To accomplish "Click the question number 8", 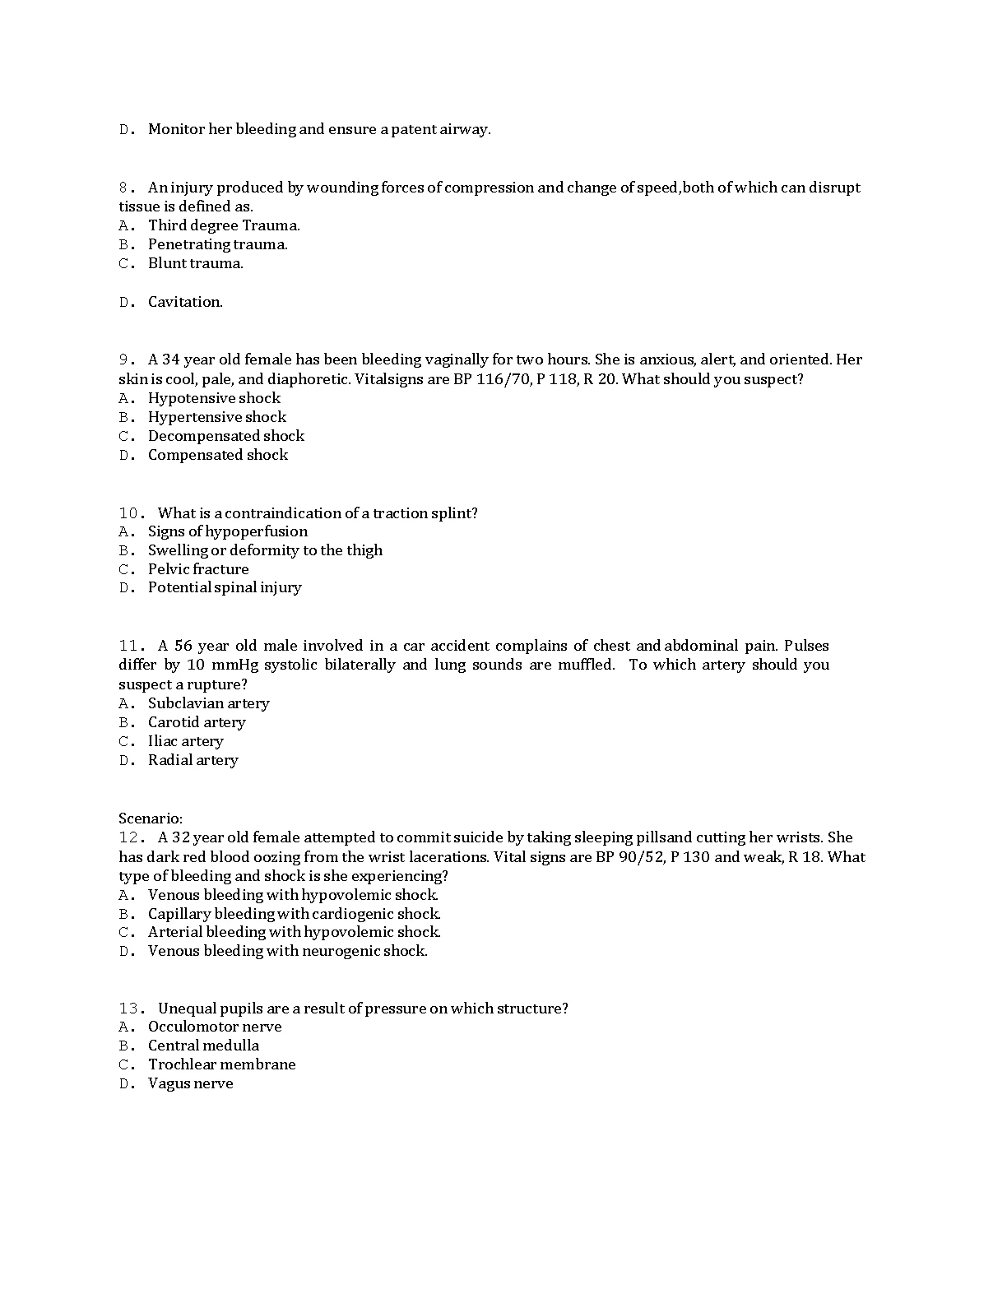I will [x=126, y=188].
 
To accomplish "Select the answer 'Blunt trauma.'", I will [x=195, y=263].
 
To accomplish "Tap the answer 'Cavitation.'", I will [x=185, y=302].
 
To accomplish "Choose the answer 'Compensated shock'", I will [x=217, y=455].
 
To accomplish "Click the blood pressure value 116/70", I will [x=503, y=379].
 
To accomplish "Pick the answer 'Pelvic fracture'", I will [x=197, y=569].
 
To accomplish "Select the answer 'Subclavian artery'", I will [x=208, y=703].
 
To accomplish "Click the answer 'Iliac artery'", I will [x=185, y=741].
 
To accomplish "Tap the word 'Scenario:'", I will [x=151, y=818].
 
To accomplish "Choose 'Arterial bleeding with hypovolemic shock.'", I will [x=294, y=932].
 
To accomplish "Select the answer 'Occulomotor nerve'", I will [x=214, y=1027].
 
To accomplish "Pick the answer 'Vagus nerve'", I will [x=190, y=1083].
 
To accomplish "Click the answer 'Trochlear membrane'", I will [x=221, y=1064].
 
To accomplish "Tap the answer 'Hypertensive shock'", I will [x=216, y=417].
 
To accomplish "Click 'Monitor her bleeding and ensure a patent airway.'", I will [x=318, y=129].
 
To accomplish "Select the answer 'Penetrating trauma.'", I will [x=217, y=244].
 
